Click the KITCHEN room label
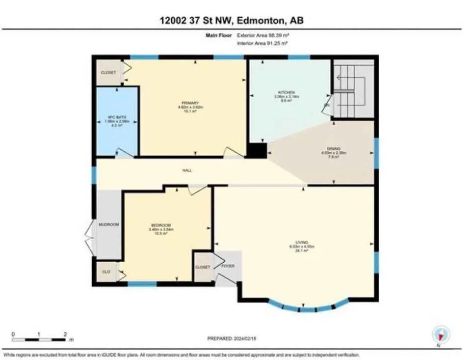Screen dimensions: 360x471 point(286,92)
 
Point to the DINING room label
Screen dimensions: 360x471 point(334,148)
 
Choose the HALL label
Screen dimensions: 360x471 point(187,170)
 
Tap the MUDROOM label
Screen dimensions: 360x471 point(109,224)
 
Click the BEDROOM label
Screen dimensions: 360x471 point(160,225)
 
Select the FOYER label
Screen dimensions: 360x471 point(228,266)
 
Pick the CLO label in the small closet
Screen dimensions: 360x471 point(105,271)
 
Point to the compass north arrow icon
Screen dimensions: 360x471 point(441,334)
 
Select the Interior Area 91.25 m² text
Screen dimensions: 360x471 point(262,43)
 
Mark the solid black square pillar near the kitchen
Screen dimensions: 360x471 point(257,150)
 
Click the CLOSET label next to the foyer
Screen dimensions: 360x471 point(203,267)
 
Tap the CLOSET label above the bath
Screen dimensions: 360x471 point(108,72)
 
